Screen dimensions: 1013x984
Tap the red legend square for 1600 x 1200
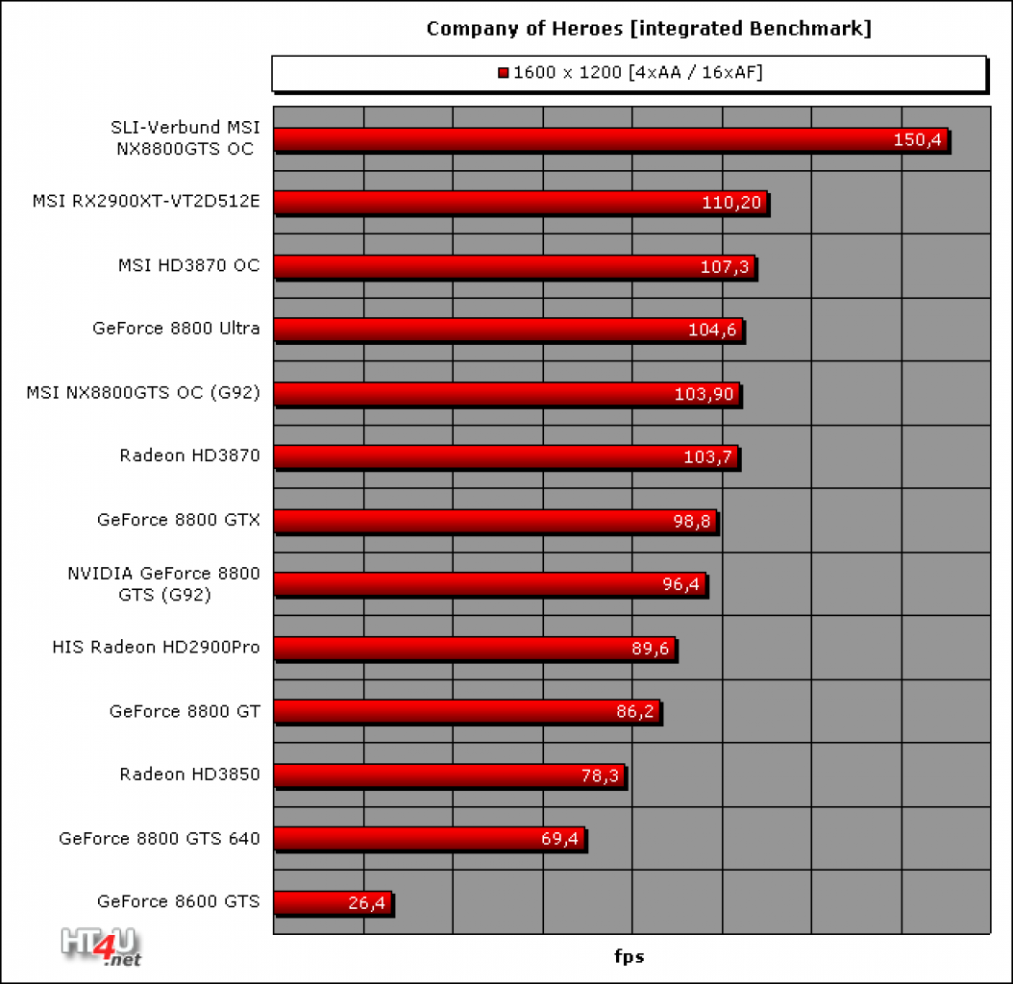coord(504,72)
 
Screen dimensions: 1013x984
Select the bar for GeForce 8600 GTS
coord(333,902)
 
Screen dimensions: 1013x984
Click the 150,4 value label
coord(917,139)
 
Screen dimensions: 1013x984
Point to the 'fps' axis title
coord(630,956)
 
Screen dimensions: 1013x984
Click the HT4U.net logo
coord(102,947)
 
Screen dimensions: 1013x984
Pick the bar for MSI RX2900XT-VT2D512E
coord(521,202)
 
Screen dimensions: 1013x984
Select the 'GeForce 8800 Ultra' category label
coord(176,329)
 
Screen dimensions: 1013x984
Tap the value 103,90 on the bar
coord(704,394)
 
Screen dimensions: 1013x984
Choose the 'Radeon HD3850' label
coord(189,774)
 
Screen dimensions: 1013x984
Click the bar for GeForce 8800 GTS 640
coord(430,839)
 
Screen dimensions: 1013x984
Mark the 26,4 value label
coord(366,902)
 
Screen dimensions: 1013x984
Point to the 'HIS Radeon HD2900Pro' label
coord(156,648)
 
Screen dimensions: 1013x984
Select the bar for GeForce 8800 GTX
coord(496,521)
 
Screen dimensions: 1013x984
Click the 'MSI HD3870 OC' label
coord(188,265)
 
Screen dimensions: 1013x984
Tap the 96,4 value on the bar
coord(680,584)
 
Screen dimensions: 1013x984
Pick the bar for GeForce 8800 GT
coord(467,711)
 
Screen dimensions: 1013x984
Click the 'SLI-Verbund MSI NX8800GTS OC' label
coord(185,137)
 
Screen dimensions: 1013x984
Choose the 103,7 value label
coord(707,457)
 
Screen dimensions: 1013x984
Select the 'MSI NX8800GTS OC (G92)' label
coord(143,393)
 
